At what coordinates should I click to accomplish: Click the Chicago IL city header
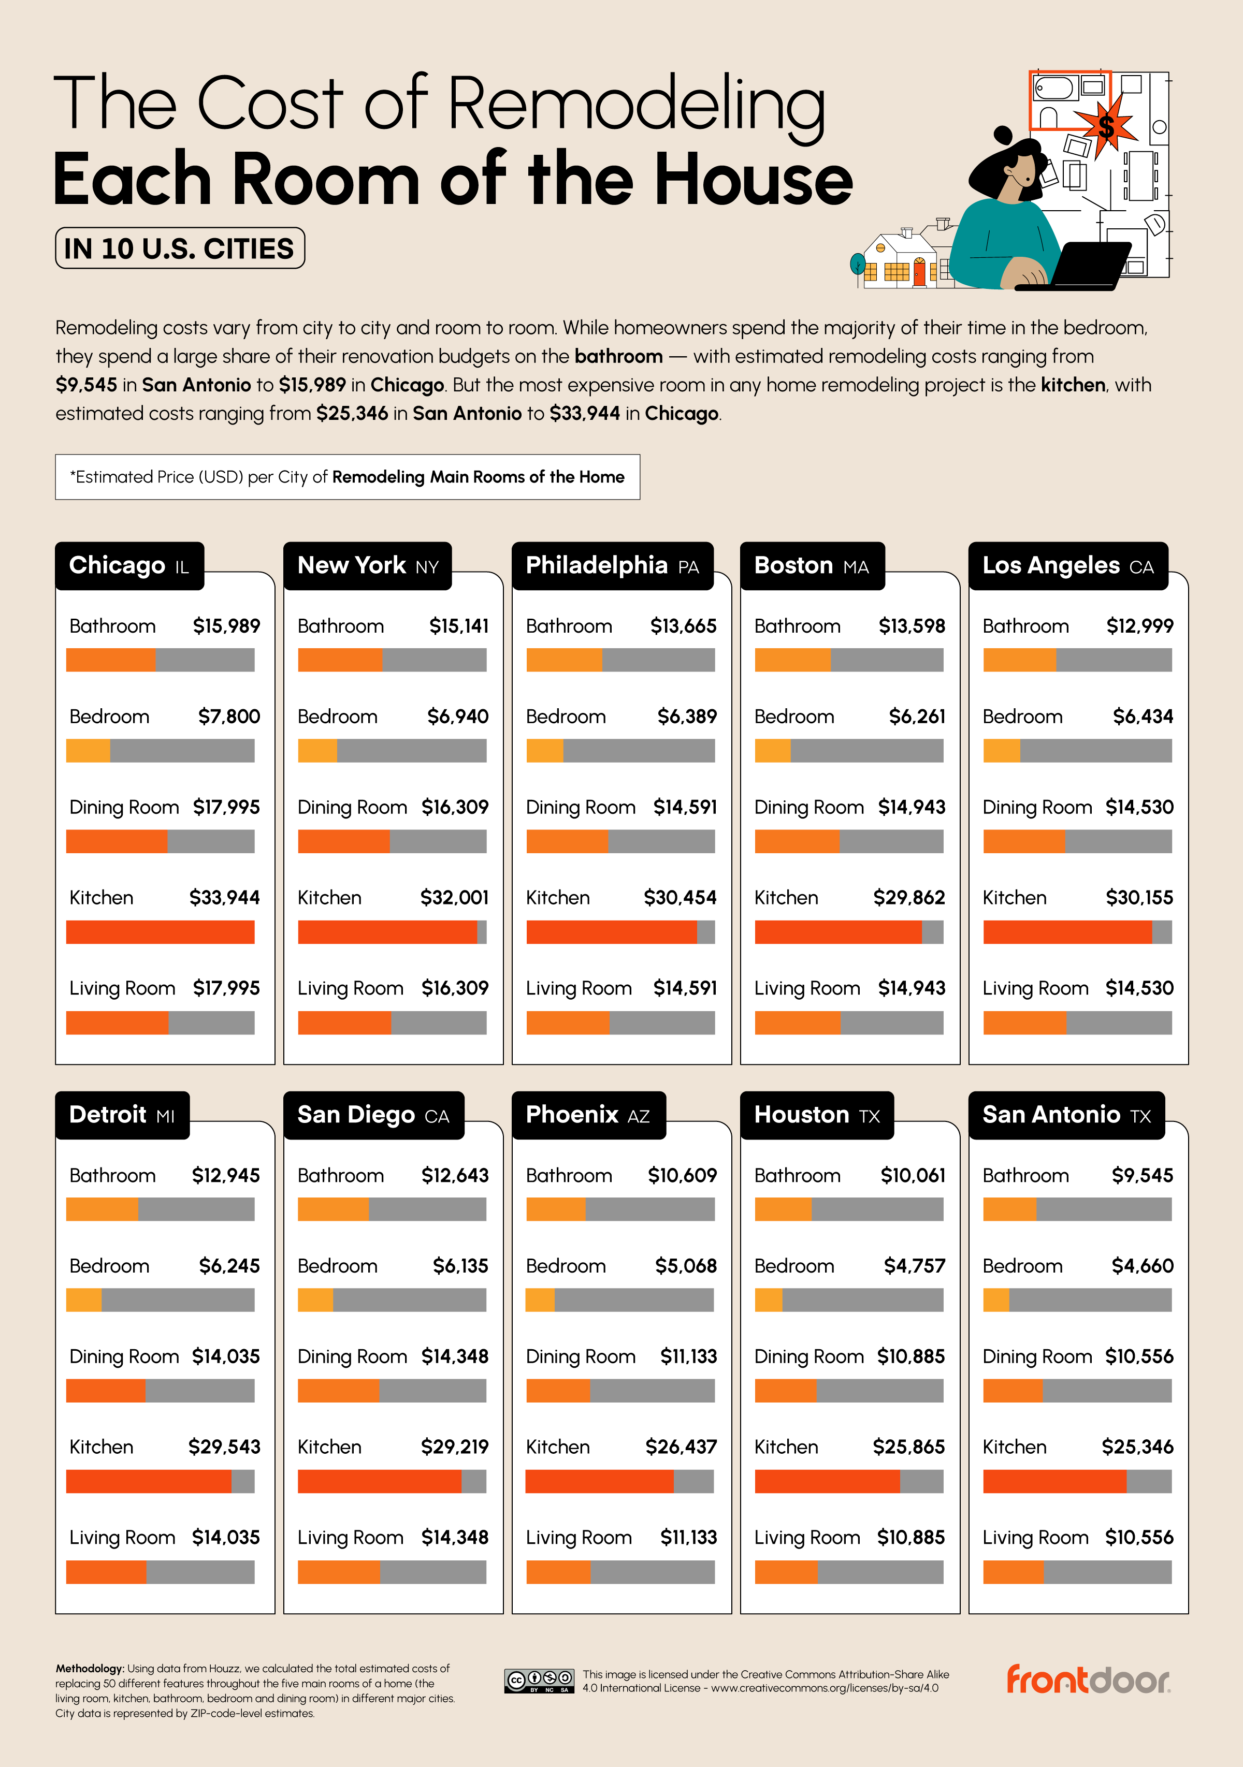[x=129, y=566]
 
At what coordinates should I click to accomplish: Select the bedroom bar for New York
[x=392, y=750]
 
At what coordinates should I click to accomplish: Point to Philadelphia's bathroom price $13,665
[x=683, y=626]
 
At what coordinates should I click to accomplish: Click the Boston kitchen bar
[x=848, y=932]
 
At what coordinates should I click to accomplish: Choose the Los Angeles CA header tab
[x=1067, y=566]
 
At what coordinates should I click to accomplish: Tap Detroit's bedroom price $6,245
[x=228, y=1265]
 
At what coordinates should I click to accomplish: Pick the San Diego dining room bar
[x=392, y=1390]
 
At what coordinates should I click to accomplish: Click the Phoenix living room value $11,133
[x=688, y=1537]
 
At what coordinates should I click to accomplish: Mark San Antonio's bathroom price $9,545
[x=1142, y=1175]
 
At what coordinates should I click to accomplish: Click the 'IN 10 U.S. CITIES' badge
[x=179, y=249]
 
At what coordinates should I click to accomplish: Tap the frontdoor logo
[x=1088, y=1680]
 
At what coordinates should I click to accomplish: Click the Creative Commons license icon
[x=539, y=1681]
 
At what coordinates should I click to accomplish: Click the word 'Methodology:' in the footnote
[x=89, y=1669]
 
